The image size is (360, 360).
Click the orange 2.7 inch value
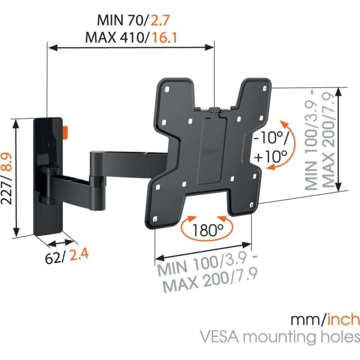160,20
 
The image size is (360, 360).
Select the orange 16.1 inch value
164,37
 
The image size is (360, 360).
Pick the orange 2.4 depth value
79,254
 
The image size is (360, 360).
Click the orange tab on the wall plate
66,132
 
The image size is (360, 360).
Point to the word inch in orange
343,320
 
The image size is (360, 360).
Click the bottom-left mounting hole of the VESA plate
155,219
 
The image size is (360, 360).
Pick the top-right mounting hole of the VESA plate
265,88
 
